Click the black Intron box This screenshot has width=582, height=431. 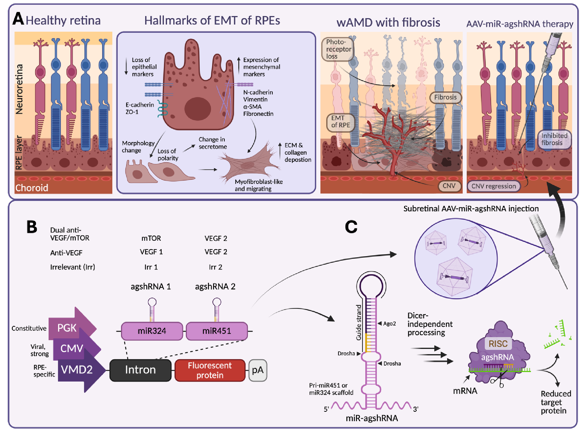click(140, 370)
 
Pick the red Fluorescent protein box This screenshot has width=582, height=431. click(210, 370)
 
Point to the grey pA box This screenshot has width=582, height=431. click(258, 370)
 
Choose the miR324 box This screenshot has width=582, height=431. click(152, 331)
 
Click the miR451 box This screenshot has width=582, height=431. click(217, 331)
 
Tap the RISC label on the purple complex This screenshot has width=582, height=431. click(498, 344)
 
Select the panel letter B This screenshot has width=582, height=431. click(32, 227)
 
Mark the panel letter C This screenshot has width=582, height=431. click(351, 227)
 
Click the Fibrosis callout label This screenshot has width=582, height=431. click(445, 97)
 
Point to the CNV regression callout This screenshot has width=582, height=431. click(494, 186)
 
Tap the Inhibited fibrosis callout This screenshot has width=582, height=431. click(554, 139)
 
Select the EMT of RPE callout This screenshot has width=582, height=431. click(340, 122)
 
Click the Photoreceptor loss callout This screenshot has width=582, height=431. click(338, 49)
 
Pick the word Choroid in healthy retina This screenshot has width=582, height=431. click(32, 188)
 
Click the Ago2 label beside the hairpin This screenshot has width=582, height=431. click(389, 324)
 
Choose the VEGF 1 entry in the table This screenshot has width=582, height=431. click(151, 252)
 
